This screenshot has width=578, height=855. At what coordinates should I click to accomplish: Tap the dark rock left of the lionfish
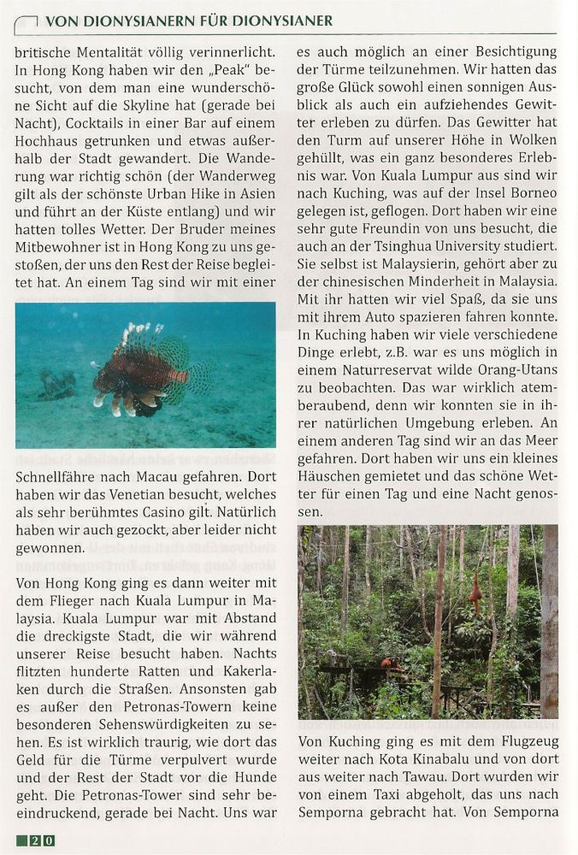click(57, 384)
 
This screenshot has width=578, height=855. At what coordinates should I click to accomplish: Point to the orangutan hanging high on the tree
click(474, 591)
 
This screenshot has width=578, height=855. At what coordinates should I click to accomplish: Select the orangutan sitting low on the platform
click(390, 663)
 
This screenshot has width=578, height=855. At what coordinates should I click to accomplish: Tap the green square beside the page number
click(22, 840)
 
